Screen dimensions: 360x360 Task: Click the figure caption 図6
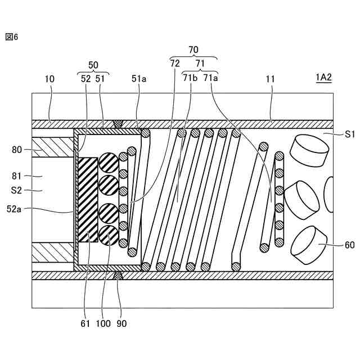(12, 37)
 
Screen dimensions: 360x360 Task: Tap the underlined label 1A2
(323, 79)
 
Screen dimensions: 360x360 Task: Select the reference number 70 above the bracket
(193, 50)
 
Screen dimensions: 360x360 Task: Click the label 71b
(189, 79)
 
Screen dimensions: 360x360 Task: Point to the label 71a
(211, 79)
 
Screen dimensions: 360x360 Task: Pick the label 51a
(139, 79)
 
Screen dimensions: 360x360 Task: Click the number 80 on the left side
(17, 150)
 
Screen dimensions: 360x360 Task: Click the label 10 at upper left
(49, 79)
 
